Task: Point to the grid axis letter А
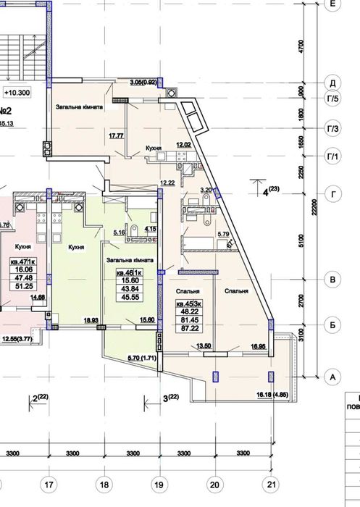333,377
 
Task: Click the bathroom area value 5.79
223,233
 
